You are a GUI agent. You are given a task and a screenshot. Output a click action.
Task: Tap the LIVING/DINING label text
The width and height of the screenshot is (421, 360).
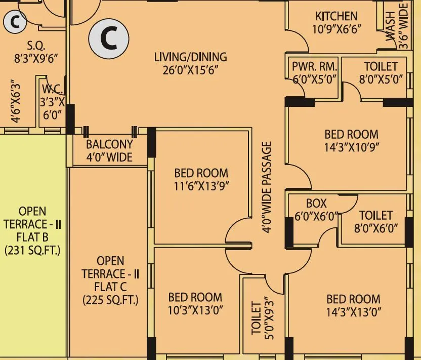click(190, 57)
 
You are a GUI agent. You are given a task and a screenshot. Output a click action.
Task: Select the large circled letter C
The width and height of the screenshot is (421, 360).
click(109, 38)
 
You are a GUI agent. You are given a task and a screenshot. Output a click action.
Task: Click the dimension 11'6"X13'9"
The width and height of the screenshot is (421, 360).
click(201, 186)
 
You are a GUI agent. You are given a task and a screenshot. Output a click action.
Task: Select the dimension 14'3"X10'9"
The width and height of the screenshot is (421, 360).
click(351, 147)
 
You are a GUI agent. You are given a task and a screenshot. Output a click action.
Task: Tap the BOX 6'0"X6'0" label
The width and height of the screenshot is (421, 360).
click(316, 210)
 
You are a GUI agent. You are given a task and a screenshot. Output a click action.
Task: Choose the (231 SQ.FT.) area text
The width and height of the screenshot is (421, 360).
click(32, 250)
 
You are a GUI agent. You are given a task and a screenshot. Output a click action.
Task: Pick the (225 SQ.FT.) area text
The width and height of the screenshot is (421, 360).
click(110, 300)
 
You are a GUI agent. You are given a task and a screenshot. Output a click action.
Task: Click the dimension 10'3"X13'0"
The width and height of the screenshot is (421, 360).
click(195, 310)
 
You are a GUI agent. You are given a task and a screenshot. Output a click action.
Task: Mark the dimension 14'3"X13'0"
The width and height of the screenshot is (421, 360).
click(353, 311)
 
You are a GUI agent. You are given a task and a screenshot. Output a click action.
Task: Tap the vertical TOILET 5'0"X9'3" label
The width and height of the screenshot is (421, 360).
click(262, 319)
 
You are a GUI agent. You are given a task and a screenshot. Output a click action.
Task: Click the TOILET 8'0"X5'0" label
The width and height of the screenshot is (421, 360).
click(381, 72)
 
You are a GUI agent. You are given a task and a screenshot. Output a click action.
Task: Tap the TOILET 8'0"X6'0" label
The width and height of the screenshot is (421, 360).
click(375, 222)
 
